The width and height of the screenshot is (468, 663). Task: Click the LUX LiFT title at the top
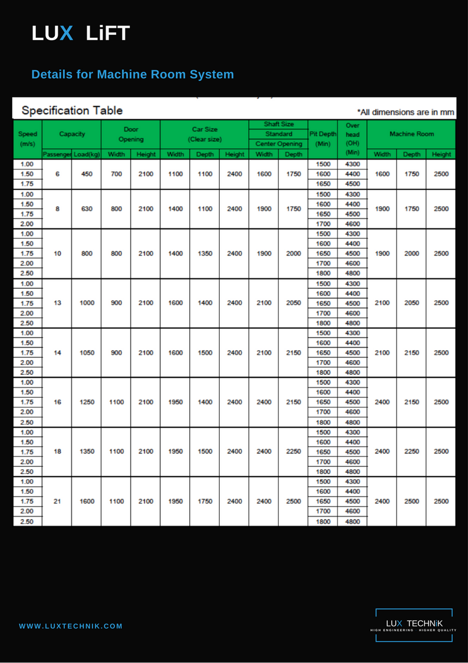(x=81, y=34)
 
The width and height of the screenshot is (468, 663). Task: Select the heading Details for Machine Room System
(x=133, y=74)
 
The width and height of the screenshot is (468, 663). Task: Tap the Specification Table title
(x=72, y=110)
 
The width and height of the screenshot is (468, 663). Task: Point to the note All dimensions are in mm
(x=406, y=112)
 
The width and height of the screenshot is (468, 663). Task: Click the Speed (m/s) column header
(x=28, y=139)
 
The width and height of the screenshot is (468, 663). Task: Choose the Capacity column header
(x=72, y=134)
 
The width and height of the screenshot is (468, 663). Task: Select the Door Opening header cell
(x=131, y=134)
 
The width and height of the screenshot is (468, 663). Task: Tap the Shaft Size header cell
(x=278, y=125)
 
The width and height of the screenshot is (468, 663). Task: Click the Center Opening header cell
(x=278, y=144)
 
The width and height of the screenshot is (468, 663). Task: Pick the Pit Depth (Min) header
(x=322, y=139)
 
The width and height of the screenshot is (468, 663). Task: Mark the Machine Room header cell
(x=411, y=134)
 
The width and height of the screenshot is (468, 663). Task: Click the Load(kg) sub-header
(x=87, y=155)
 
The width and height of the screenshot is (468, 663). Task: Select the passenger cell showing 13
(x=57, y=303)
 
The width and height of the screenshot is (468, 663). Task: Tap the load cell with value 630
(x=87, y=208)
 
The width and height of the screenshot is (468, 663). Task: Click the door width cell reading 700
(x=116, y=174)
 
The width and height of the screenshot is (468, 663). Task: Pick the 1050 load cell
(x=87, y=352)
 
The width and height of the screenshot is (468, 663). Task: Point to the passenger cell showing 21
(x=57, y=501)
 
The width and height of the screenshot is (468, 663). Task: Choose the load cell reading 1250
(x=87, y=402)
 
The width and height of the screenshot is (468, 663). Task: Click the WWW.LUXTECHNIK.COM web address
(x=71, y=626)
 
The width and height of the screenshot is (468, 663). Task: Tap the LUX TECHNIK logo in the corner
(x=414, y=625)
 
